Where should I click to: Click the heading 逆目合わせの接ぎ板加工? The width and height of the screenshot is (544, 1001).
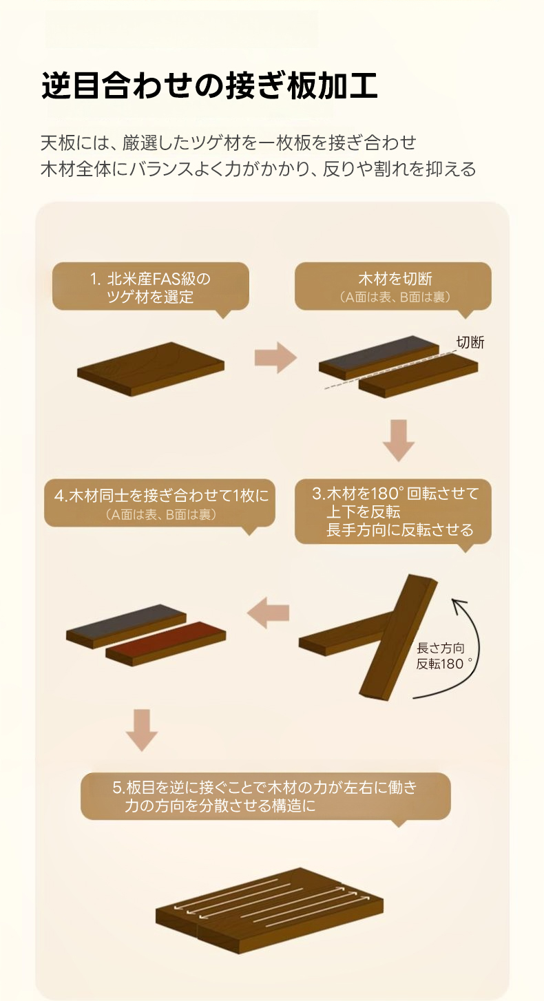209,85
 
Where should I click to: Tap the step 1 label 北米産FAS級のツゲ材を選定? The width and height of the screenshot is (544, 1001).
150,287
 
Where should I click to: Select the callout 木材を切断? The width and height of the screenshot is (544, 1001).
393,286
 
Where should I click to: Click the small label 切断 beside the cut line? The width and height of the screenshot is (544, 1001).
470,342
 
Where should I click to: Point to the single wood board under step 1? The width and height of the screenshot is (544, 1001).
151,369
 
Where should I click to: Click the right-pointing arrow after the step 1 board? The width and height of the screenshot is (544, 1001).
275,357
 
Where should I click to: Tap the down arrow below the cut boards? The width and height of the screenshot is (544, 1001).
399,440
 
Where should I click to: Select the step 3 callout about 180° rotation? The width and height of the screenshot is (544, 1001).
393,512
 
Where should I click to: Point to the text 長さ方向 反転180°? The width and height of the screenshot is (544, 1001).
443,656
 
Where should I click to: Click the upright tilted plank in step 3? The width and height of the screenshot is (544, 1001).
399,638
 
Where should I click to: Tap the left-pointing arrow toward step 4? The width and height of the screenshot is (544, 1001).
268,613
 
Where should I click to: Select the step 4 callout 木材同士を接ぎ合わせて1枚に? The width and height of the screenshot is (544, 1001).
160,503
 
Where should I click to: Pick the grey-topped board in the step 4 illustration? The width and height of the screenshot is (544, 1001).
126,626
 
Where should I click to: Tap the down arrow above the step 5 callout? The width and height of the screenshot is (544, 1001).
142,730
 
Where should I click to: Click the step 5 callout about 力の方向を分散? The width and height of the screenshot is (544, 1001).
266,796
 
